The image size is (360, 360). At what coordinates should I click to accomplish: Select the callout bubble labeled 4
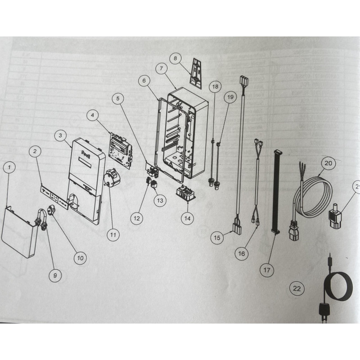92,116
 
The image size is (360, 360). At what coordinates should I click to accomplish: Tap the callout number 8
176,58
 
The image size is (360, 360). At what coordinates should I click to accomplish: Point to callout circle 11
113,234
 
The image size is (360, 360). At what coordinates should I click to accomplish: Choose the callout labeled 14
187,218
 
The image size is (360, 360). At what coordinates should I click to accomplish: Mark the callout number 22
297,289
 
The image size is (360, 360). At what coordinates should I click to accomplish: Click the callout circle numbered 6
144,81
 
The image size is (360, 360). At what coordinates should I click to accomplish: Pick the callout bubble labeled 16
242,253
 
